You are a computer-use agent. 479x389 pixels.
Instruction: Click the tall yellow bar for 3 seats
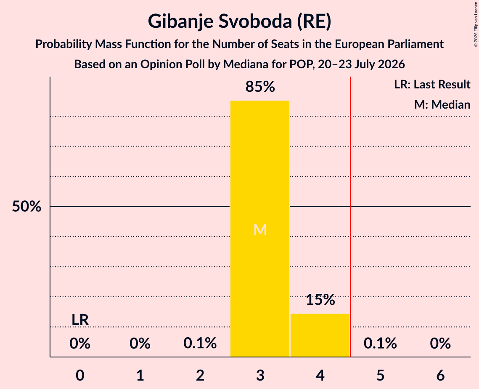[259, 229]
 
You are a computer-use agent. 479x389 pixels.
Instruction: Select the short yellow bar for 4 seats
[320, 335]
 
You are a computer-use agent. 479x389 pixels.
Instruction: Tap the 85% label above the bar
[260, 87]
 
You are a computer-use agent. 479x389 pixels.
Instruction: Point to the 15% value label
[320, 300]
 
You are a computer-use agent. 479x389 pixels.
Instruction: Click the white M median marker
[260, 230]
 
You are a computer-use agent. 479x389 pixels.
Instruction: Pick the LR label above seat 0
[80, 320]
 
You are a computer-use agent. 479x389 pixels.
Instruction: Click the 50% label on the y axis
[26, 206]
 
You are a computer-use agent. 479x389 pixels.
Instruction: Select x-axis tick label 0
[80, 375]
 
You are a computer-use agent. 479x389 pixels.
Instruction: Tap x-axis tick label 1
[140, 375]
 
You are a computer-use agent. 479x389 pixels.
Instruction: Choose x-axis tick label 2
[200, 375]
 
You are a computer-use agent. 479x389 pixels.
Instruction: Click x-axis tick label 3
[260, 375]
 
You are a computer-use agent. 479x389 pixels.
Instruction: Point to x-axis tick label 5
[380, 375]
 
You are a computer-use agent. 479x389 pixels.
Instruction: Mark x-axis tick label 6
[440, 375]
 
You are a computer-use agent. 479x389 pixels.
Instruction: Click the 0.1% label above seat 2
[200, 343]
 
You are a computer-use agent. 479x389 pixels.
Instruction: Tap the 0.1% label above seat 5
[380, 343]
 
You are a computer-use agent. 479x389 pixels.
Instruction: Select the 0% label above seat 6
[440, 343]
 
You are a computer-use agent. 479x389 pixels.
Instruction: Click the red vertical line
[350, 216]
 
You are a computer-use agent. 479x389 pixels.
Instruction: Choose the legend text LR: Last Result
[432, 84]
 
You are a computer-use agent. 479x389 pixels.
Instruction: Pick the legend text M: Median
[442, 104]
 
